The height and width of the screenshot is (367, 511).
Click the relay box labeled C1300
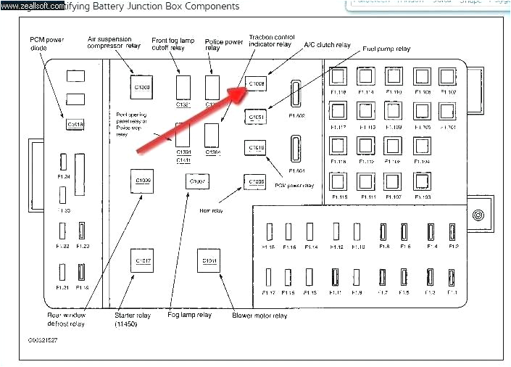(142, 88)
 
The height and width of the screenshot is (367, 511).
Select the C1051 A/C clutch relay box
(257, 116)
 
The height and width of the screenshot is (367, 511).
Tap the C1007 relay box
(197, 182)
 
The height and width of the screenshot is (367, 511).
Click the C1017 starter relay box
(142, 260)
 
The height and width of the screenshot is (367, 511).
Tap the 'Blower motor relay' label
(259, 316)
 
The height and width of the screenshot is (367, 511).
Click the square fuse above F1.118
(338, 78)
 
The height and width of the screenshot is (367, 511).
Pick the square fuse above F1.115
(338, 181)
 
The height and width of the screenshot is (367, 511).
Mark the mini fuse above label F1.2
(452, 231)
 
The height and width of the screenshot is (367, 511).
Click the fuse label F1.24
(63, 177)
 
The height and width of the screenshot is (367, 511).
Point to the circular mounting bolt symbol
(478, 215)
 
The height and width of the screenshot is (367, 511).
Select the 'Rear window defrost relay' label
(67, 319)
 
